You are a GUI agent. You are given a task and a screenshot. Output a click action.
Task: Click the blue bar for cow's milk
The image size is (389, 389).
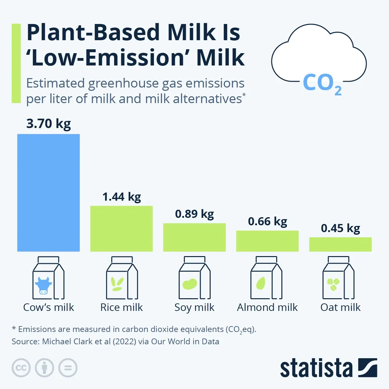click(48, 193)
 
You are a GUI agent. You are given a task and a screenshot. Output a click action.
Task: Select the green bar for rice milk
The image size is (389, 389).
click(121, 229)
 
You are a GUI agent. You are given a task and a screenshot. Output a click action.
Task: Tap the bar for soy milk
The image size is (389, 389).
click(194, 237)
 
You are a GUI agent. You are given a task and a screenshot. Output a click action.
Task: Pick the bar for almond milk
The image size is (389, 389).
click(267, 241)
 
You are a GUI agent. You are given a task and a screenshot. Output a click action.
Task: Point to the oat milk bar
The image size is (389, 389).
click(340, 244)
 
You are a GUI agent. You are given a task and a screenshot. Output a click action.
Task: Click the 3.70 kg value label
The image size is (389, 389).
click(48, 124)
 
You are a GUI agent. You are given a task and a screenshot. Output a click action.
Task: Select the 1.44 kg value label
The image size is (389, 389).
click(122, 197)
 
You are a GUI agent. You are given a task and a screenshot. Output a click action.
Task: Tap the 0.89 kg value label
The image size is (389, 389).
click(194, 214)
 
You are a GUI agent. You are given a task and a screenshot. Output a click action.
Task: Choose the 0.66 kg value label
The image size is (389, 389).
click(267, 221)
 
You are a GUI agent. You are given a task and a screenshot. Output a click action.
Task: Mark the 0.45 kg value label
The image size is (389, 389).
click(340, 228)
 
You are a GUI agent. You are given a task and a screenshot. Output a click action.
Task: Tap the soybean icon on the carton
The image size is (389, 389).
click(190, 284)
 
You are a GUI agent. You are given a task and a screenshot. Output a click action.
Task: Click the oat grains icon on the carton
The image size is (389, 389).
click(333, 284)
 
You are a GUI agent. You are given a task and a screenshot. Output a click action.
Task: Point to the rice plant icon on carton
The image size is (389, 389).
click(117, 284)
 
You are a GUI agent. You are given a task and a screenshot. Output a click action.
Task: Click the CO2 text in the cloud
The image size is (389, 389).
click(322, 83)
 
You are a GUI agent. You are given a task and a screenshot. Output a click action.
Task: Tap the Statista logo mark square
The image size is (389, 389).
click(368, 368)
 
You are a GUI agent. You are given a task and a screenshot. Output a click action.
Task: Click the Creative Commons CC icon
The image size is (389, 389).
click(21, 368)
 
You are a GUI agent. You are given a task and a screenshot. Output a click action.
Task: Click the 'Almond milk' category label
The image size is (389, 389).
click(267, 307)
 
